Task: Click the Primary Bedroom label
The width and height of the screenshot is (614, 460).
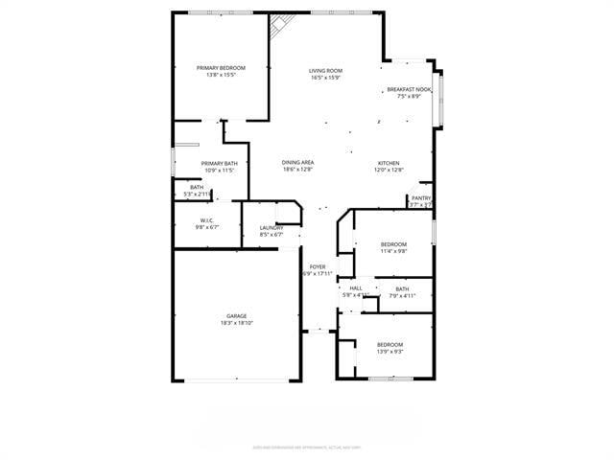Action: point(221,68)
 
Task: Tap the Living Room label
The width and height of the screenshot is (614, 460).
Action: point(325,71)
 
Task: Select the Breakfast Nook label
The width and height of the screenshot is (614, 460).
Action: point(409,89)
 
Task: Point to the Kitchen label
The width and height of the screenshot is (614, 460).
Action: point(388,163)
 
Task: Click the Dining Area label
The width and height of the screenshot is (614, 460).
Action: point(297,163)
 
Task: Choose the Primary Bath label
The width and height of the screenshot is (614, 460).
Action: point(219,164)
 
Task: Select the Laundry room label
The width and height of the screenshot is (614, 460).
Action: point(272,227)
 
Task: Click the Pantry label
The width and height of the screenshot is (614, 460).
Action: point(421,197)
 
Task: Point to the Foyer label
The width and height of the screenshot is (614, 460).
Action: point(318,266)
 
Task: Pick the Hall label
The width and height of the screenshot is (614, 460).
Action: point(356,287)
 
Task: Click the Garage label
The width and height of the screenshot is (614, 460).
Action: point(237,316)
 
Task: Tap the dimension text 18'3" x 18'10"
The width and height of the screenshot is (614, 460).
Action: point(237,323)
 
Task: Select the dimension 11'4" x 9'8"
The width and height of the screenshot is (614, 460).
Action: point(393,251)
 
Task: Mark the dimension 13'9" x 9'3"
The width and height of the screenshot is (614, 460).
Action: point(390,352)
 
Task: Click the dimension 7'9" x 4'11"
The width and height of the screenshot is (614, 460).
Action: point(401,295)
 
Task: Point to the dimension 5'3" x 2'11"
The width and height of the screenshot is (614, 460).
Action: point(197,194)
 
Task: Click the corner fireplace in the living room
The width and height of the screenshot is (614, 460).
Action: point(279,26)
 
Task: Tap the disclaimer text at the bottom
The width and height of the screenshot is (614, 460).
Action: point(306,446)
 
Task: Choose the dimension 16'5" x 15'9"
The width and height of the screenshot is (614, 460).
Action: point(325,78)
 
